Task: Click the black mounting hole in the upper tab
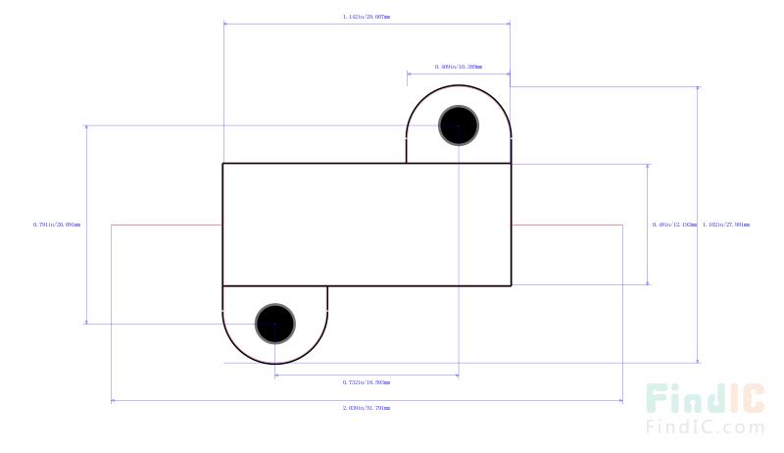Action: click(x=459, y=126)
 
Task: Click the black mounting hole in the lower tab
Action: click(x=275, y=323)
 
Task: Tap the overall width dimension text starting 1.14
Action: click(x=367, y=17)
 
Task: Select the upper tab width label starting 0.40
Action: click(x=459, y=67)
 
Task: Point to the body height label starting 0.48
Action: click(x=674, y=225)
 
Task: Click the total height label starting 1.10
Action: click(x=727, y=225)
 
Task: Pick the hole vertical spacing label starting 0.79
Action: click(x=57, y=225)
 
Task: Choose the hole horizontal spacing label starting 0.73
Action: click(x=367, y=381)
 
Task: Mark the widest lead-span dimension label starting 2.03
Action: click(x=367, y=407)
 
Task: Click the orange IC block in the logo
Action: click(x=745, y=397)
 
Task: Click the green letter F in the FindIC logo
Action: click(x=657, y=399)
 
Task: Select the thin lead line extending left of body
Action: click(x=167, y=225)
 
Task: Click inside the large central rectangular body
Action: click(x=367, y=225)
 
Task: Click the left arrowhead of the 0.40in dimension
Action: click(x=410, y=73)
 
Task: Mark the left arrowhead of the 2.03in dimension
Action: click(x=114, y=400)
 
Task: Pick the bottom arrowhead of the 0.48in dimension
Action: click(x=648, y=282)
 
